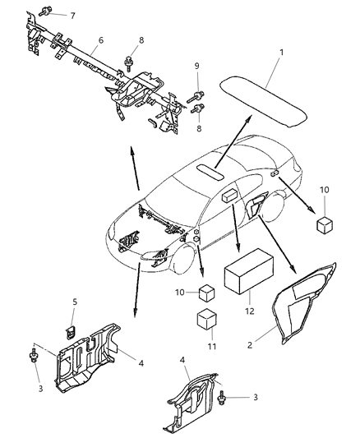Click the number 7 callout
(x=72, y=16)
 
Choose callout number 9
(x=196, y=67)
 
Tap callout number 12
(x=249, y=312)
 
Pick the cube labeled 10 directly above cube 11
(x=205, y=293)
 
